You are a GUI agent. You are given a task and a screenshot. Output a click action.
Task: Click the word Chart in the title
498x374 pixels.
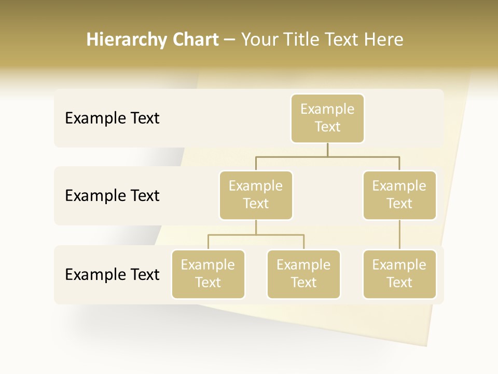point(196,40)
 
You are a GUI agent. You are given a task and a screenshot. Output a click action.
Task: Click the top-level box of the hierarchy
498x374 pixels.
point(327,118)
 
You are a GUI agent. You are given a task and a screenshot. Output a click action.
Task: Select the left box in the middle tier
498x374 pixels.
point(256,195)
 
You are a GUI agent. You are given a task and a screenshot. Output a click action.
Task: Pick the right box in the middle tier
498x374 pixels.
point(399,195)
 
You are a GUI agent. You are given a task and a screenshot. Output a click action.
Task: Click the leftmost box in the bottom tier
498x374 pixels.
point(208,274)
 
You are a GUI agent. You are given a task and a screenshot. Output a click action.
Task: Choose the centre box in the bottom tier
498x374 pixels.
point(303,274)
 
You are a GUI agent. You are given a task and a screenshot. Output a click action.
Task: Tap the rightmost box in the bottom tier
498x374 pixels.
point(399,274)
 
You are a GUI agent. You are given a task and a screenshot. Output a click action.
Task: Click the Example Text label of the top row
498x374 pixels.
point(112,118)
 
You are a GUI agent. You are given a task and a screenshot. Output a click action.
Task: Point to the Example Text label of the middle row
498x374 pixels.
point(112,196)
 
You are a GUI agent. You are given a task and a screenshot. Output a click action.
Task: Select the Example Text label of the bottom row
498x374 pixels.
point(112,274)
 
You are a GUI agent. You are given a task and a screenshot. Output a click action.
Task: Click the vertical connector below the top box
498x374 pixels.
point(327,150)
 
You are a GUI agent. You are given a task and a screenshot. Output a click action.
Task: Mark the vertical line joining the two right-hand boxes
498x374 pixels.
point(399,235)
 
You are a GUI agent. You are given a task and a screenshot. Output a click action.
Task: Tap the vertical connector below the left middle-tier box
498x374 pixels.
point(256,227)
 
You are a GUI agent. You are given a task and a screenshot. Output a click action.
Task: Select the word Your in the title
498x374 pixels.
point(259,40)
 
